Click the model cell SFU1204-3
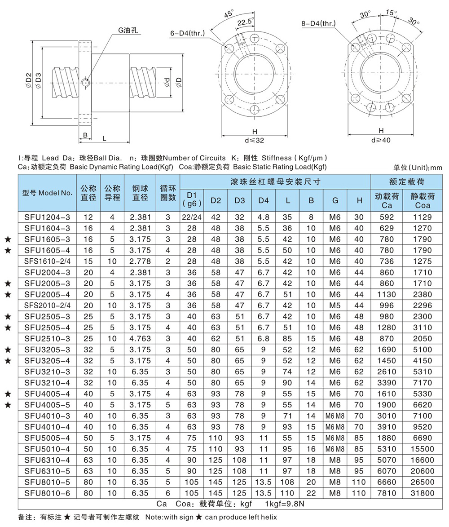(x=47, y=217)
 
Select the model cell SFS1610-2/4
(x=47, y=261)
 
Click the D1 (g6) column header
(x=192, y=199)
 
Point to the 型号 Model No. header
(x=47, y=193)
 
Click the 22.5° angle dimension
(x=246, y=21)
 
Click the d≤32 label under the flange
(x=255, y=140)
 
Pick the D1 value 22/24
(x=192, y=217)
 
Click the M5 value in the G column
(x=335, y=305)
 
